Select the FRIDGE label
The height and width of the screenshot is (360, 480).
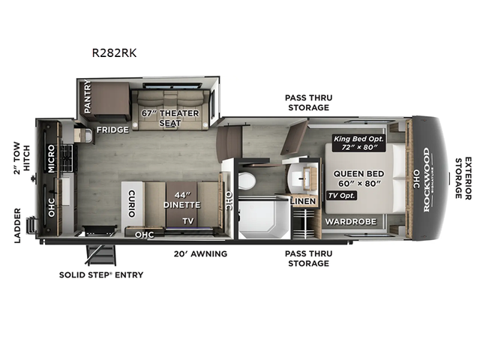pos(112,130)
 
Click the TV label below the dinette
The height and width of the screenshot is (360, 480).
pos(188,221)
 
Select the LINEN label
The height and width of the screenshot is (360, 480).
pos(302,202)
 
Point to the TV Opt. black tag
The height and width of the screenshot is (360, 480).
pos(340,196)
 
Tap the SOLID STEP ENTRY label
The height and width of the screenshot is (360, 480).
pos(101,274)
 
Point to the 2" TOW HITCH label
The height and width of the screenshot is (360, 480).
pos(20,156)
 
